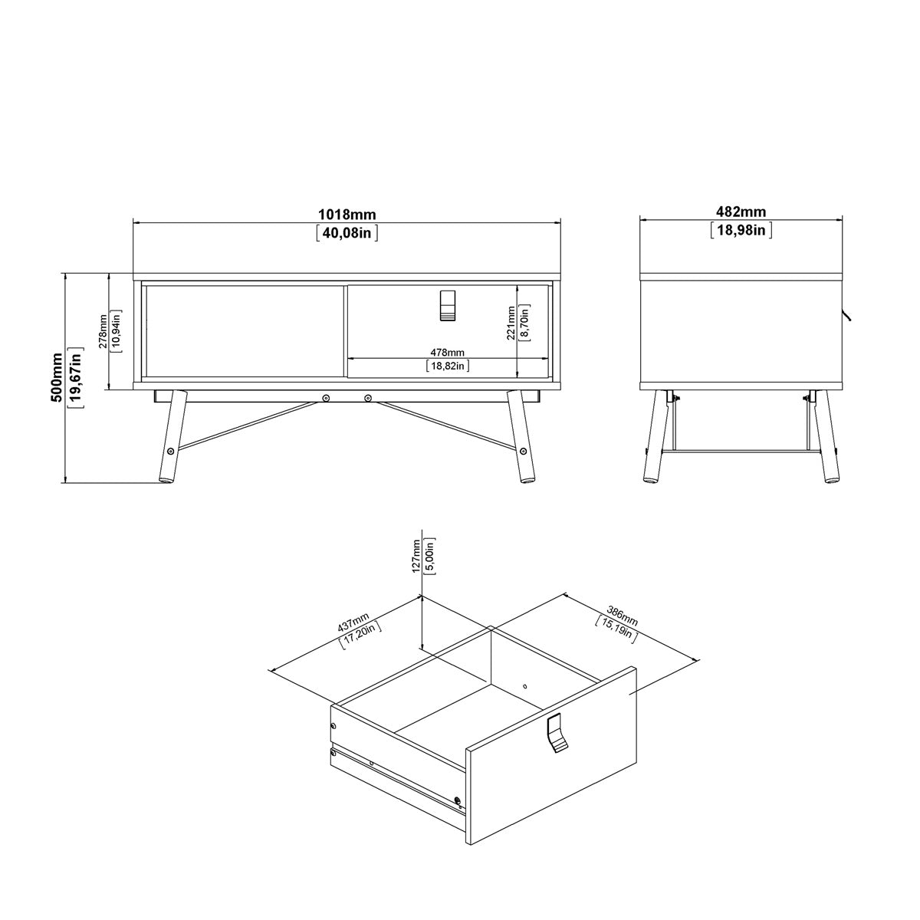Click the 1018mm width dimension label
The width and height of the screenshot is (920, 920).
347,215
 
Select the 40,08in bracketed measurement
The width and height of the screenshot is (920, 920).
347,234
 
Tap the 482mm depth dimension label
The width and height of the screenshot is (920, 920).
741,211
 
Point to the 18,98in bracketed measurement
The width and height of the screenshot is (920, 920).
741,230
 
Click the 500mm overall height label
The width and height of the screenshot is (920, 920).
57,377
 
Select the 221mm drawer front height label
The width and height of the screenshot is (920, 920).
511,324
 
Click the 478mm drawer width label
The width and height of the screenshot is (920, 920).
447,353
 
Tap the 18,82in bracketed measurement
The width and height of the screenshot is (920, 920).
447,366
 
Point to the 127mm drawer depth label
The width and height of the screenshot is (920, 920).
416,556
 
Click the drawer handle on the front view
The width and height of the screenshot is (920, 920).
447,305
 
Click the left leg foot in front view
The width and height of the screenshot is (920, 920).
165,480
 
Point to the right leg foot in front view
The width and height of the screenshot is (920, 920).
527,480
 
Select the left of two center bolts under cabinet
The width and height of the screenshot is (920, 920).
326,397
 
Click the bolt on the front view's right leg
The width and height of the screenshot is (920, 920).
524,450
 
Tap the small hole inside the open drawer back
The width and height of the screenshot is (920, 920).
524,686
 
